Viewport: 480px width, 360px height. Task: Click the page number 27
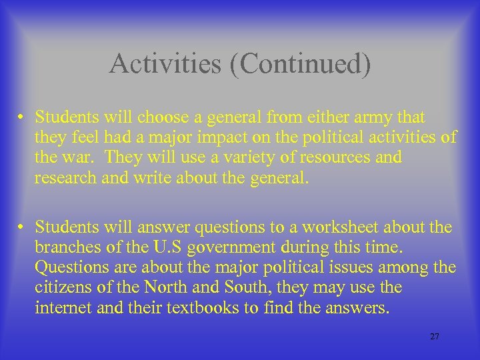(435, 337)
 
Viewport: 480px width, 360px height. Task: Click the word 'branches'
(67, 248)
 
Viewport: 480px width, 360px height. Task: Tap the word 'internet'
(61, 308)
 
